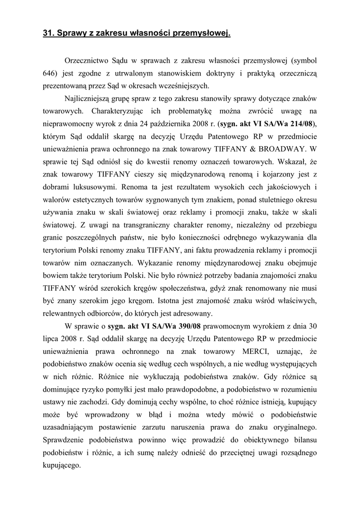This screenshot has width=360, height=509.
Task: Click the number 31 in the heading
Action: click(x=48, y=34)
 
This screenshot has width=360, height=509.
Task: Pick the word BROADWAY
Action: click(x=284, y=148)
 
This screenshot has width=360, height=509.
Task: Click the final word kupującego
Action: click(x=62, y=466)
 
